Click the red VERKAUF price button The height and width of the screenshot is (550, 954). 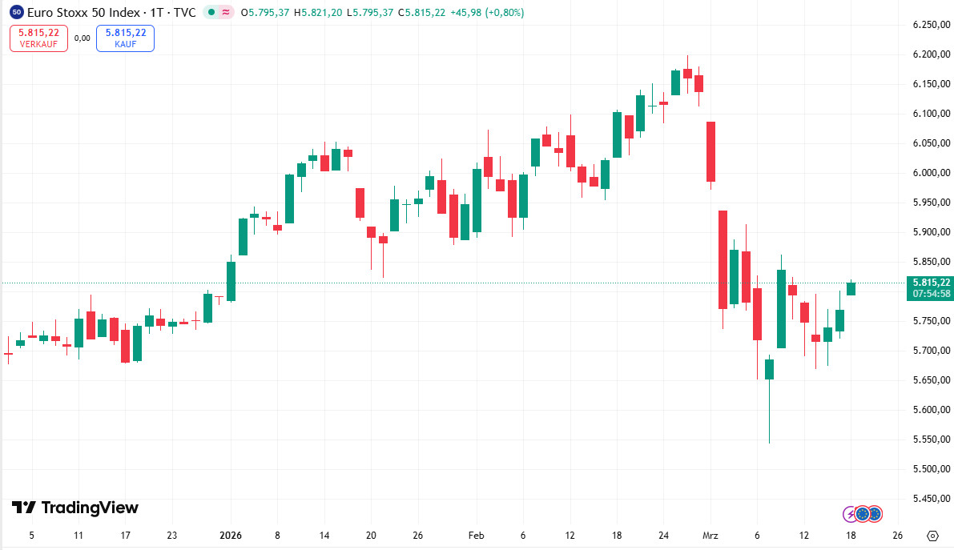point(38,38)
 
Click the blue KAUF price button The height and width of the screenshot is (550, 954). point(125,38)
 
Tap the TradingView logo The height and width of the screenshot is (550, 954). point(74,508)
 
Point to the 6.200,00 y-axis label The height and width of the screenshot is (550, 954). point(931,54)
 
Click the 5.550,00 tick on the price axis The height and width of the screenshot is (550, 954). point(931,440)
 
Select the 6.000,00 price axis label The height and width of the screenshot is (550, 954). point(931,173)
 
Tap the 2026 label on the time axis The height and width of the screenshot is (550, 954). point(231,536)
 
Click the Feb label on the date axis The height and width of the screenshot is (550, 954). point(477,536)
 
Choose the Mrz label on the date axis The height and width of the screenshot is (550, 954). point(710,536)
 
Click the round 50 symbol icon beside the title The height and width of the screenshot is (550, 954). point(17,12)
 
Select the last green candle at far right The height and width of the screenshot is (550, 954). point(851,288)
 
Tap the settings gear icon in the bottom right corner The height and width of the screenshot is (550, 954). point(932,536)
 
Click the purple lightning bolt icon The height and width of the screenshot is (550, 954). point(850,513)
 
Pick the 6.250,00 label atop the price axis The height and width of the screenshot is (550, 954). point(931,25)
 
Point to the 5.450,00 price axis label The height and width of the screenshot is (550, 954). point(931,499)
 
